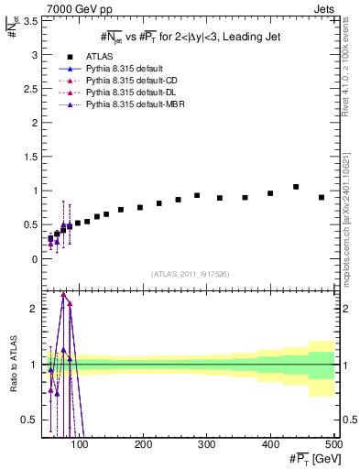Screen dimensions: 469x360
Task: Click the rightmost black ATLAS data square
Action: click(x=322, y=197)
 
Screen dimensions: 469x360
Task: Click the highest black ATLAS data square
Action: click(x=296, y=187)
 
